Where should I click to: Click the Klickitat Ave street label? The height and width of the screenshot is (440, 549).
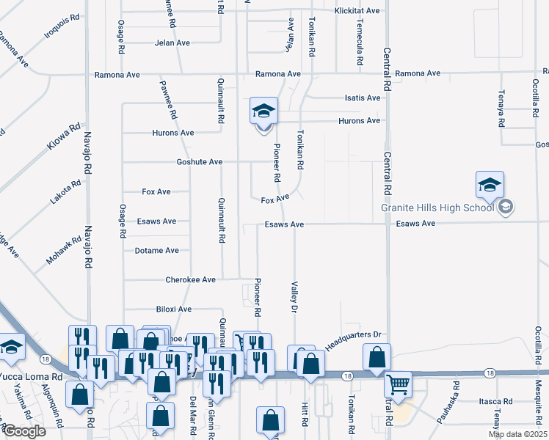(x=357, y=11)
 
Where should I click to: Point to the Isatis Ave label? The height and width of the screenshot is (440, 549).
(x=363, y=98)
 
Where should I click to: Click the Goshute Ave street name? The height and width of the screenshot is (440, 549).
(x=199, y=162)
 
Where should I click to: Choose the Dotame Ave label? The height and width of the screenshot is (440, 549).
(x=157, y=251)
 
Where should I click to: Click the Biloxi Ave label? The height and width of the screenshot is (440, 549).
(x=173, y=309)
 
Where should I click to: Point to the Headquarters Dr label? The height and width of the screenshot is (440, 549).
(x=355, y=340)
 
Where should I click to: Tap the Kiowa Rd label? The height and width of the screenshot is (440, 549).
(x=64, y=137)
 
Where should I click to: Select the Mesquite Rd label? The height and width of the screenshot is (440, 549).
(x=539, y=410)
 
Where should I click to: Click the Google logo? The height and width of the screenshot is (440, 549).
(x=24, y=431)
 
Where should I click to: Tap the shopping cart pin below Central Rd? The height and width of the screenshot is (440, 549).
(x=397, y=384)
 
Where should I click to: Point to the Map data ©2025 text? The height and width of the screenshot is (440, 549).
(x=517, y=434)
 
